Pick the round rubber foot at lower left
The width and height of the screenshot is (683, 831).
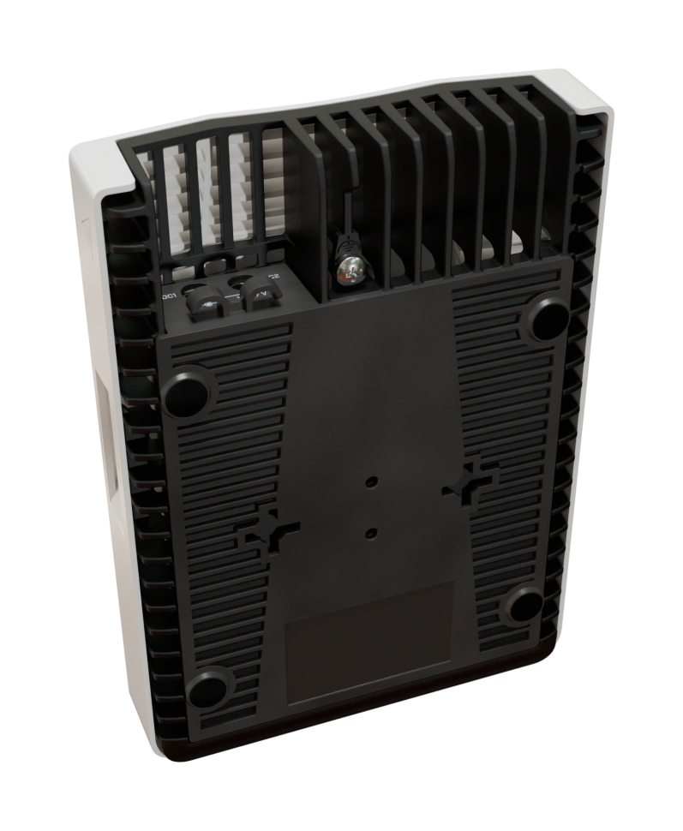pyautogui.click(x=208, y=690)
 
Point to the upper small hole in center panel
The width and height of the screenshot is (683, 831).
pyautogui.click(x=372, y=483)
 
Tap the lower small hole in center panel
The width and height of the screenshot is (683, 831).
pyautogui.click(x=370, y=533)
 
